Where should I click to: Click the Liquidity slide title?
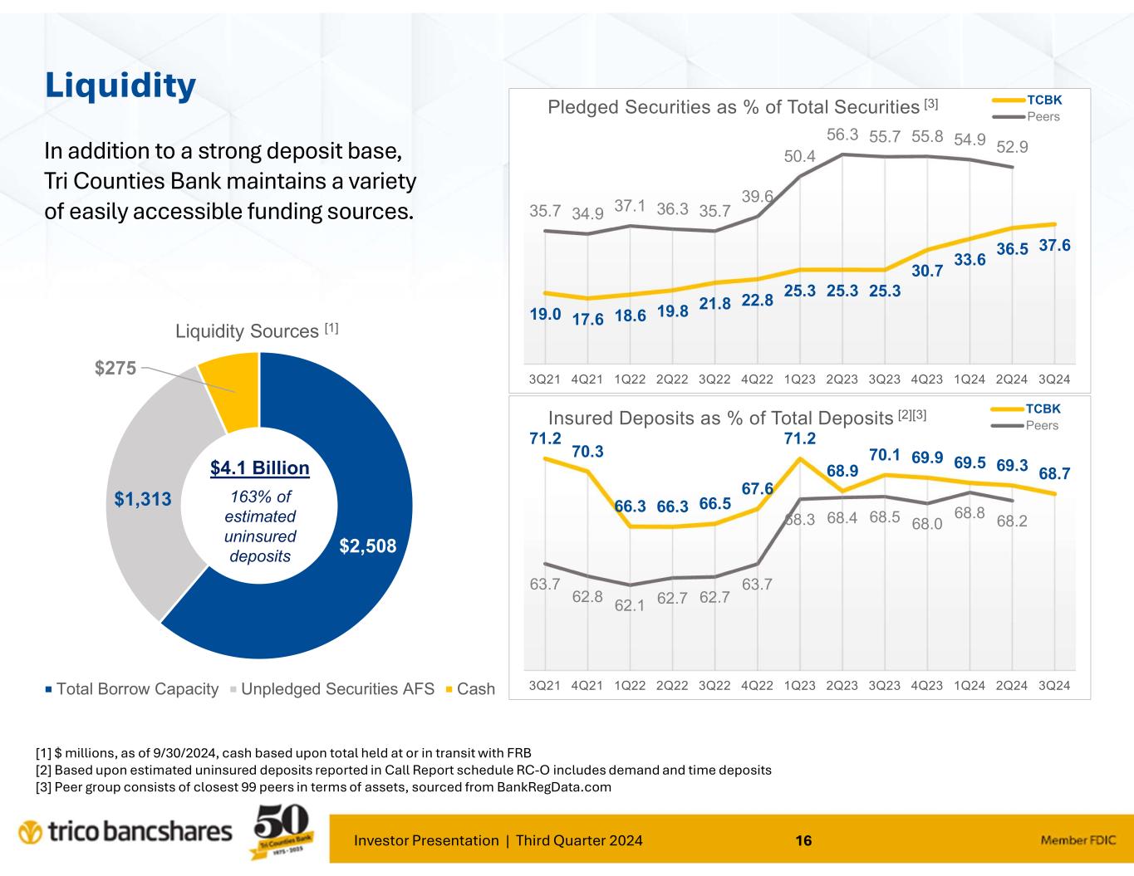pos(120,85)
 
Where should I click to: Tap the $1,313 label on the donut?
pos(143,499)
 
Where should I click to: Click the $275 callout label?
pos(115,369)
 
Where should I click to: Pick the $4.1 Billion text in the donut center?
pos(259,468)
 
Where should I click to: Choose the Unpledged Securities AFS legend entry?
pos(337,689)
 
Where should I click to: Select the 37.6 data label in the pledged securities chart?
pos(1054,246)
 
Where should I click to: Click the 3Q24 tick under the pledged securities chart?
pos(1054,379)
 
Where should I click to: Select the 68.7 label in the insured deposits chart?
pos(1054,472)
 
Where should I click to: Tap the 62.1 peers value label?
pos(630,606)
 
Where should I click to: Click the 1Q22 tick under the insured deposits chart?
pos(630,686)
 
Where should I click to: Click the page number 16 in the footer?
pos(803,841)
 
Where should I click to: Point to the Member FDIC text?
pos(1078,841)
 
